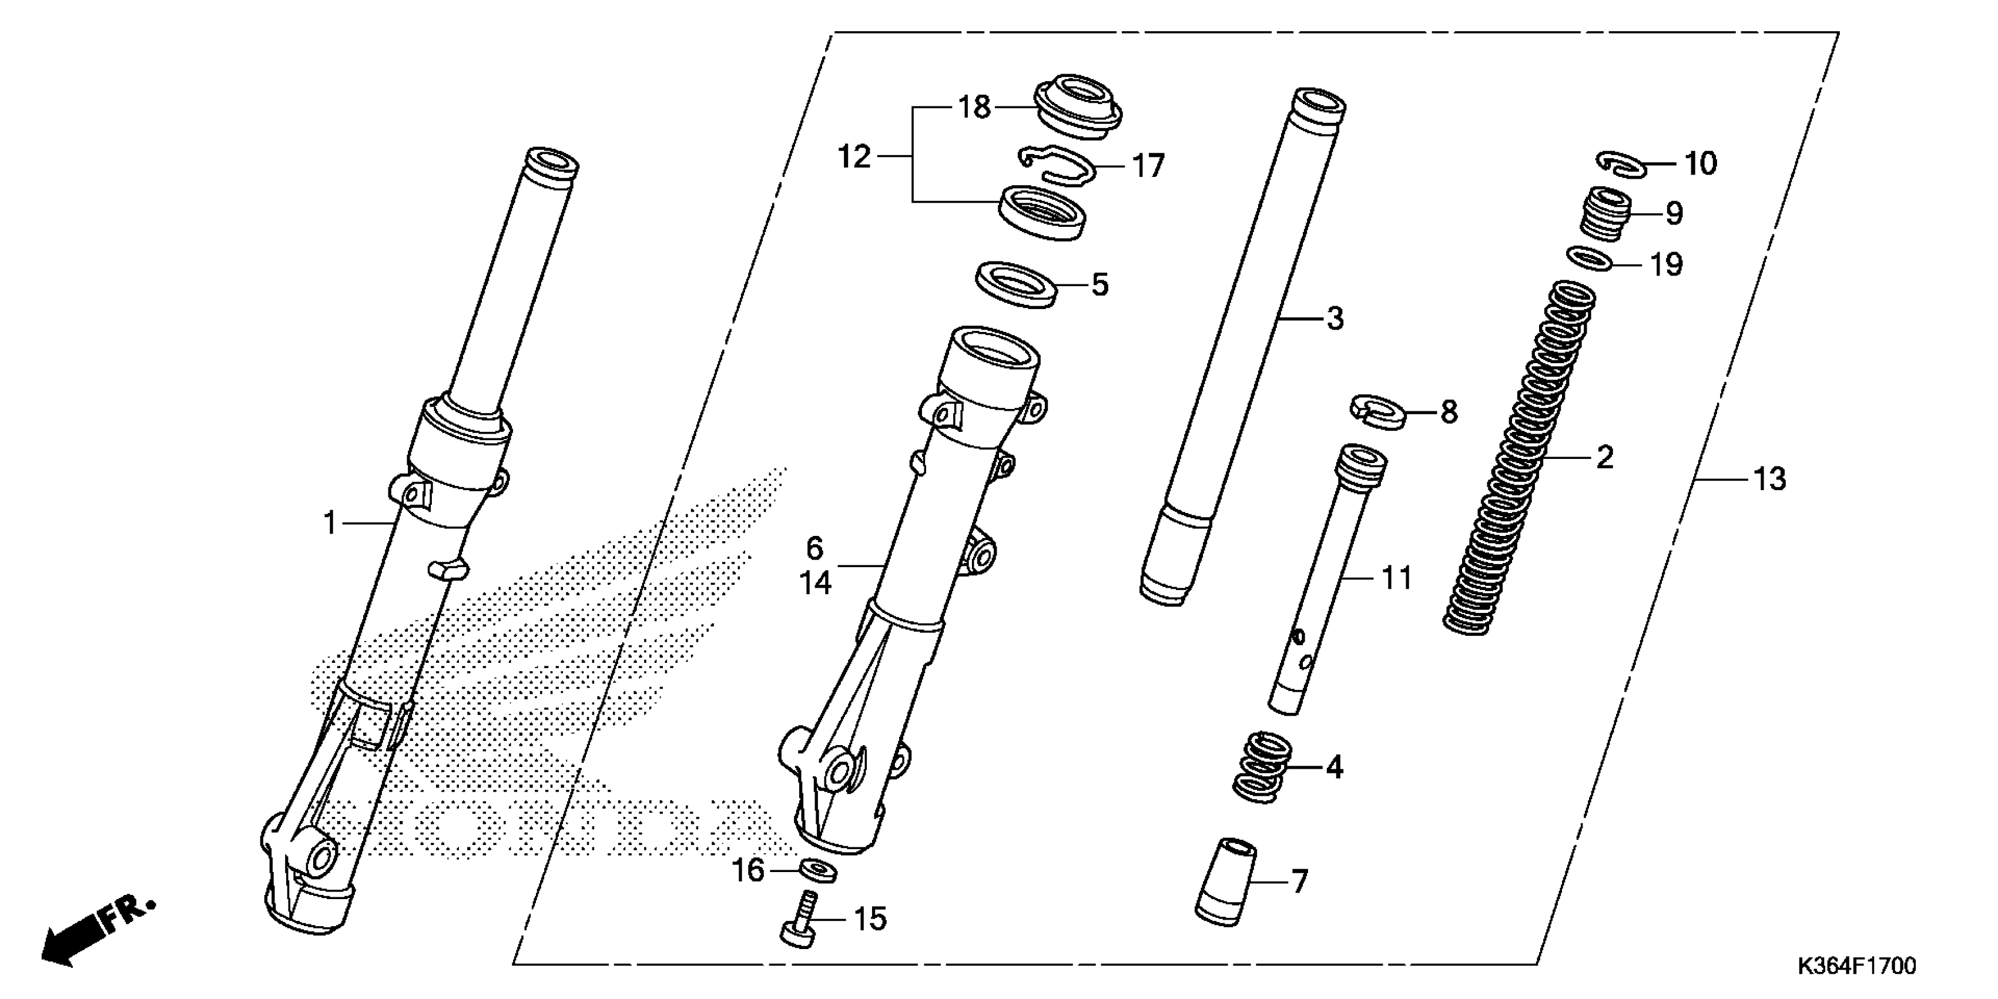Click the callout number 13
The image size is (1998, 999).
[x=1769, y=480]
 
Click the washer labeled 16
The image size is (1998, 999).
[x=817, y=870]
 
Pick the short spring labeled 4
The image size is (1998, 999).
[x=1262, y=768]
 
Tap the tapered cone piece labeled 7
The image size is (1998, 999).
[x=1225, y=880]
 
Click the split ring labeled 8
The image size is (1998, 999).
[x=1378, y=410]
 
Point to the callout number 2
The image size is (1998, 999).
[x=1604, y=457]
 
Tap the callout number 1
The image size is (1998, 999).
[x=330, y=524]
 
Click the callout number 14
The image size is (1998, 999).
[x=815, y=582]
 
